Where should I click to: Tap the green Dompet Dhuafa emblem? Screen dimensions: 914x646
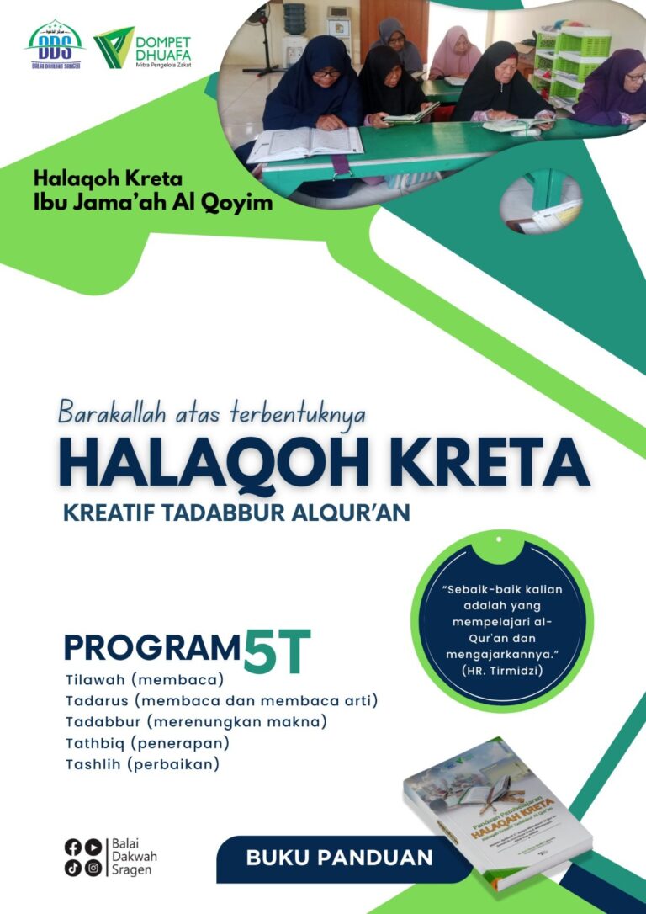click(113, 47)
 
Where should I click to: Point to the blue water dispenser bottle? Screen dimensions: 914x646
click(294, 19)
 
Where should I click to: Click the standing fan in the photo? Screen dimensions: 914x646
click(267, 38)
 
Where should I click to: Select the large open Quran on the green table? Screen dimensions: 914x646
click(304, 144)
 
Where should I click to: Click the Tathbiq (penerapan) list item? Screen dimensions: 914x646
click(147, 743)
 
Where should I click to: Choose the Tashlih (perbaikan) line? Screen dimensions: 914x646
click(142, 764)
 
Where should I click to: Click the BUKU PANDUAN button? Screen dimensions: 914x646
click(339, 858)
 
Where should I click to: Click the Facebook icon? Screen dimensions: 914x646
click(73, 847)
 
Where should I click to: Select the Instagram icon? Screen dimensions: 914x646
click(93, 868)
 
